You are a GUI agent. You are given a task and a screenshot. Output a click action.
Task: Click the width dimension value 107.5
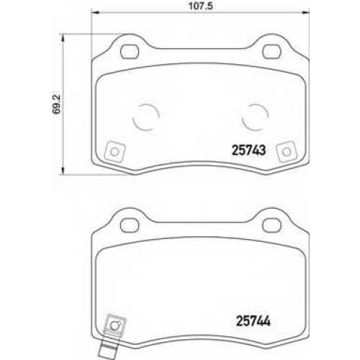[x=200, y=6]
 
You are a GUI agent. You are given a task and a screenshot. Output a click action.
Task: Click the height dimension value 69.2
[x=56, y=104]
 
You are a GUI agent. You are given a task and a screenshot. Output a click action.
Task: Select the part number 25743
[x=248, y=150]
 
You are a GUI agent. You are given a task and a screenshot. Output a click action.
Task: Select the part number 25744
[x=253, y=320]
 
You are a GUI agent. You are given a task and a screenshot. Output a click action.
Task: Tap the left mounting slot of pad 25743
[x=130, y=52]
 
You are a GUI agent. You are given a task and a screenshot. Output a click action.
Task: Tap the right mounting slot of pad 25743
[x=272, y=52]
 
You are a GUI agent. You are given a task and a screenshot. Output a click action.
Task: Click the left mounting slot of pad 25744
[x=130, y=225]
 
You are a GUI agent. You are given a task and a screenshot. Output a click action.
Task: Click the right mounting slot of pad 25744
[x=272, y=225]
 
